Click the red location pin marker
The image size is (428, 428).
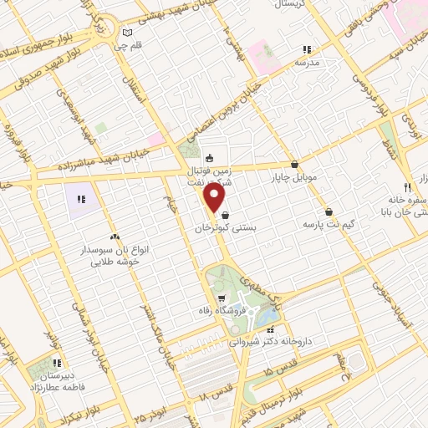215,197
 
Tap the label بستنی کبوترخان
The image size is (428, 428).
223,227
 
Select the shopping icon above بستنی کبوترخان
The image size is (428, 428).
224,216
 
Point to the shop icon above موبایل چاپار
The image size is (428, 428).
294,165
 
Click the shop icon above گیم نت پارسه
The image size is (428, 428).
329,212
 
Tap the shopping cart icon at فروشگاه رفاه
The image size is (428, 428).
221,298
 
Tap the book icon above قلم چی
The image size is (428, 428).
126,33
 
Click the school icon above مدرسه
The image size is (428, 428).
306,50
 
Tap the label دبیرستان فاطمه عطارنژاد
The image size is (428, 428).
57,382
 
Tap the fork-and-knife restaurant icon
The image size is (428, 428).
407,187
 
